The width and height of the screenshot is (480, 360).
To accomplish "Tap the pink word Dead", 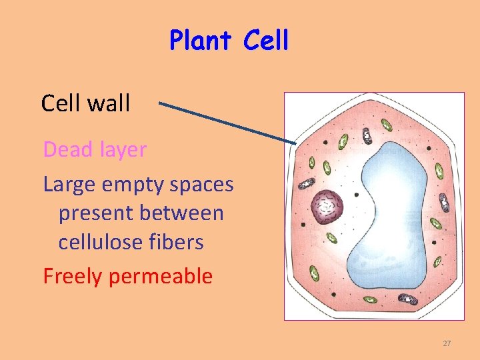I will pos(68,150).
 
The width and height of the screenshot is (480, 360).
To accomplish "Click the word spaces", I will pos(201,185).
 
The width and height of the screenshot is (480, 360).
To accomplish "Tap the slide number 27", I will pos(447,343).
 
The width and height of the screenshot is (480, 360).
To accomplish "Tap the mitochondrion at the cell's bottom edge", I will pos(405,300).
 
